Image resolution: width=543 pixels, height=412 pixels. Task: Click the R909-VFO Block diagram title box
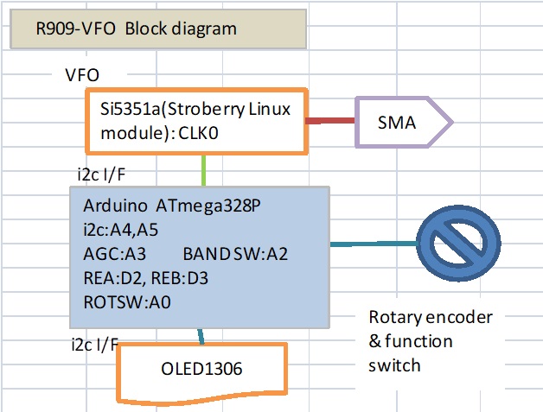(156, 29)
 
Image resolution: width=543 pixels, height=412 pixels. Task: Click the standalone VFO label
(87, 75)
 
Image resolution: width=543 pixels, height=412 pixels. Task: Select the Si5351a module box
(195, 121)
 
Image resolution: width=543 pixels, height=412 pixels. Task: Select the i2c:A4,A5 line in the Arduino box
(121, 230)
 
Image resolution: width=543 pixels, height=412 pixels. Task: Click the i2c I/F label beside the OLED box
(95, 345)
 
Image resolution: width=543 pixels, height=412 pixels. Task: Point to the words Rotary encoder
(431, 317)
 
